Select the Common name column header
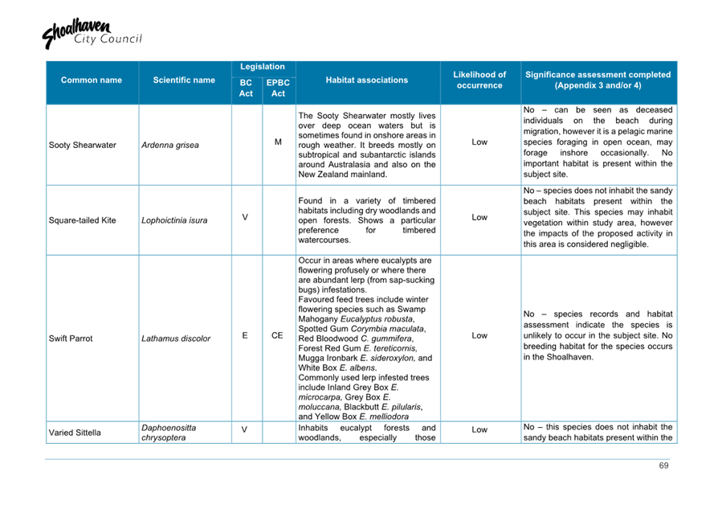pyautogui.click(x=92, y=80)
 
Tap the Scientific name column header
pyautogui.click(x=184, y=80)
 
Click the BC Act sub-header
pyautogui.click(x=246, y=88)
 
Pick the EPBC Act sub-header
pyautogui.click(x=278, y=88)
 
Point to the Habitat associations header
pyautogui.click(x=366, y=80)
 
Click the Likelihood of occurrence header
pyautogui.click(x=479, y=80)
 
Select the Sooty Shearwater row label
pyautogui.click(x=83, y=146)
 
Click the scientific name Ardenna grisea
pyautogui.click(x=169, y=146)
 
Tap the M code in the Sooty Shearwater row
pyautogui.click(x=278, y=142)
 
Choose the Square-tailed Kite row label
pyautogui.click(x=83, y=220)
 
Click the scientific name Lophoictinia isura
pyautogui.click(x=174, y=220)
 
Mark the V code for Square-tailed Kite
pyautogui.click(x=245, y=216)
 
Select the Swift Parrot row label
pyautogui.click(x=71, y=339)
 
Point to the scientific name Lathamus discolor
pyautogui.click(x=175, y=339)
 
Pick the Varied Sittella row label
pyautogui.click(x=75, y=433)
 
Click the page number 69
pyautogui.click(x=663, y=466)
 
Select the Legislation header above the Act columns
pyautogui.click(x=263, y=68)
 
